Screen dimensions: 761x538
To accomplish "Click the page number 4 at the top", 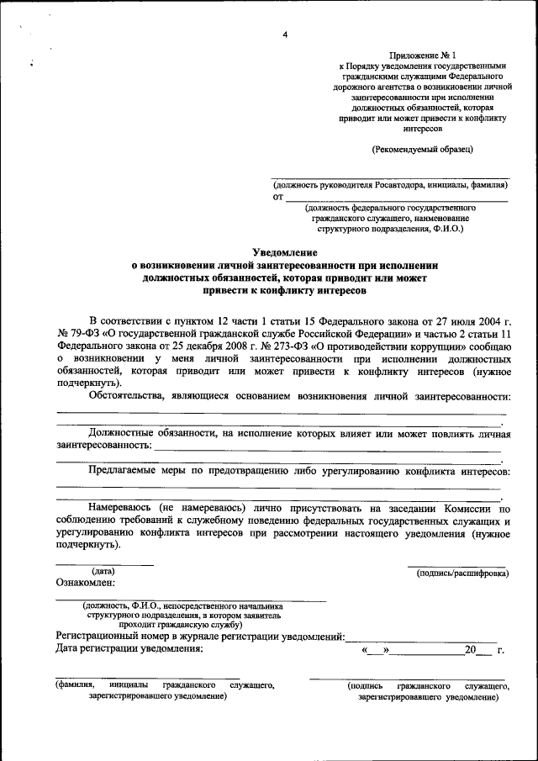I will tap(285, 34).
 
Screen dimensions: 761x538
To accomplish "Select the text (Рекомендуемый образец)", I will tap(422, 149).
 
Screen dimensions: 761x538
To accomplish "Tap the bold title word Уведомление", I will tap(285, 252).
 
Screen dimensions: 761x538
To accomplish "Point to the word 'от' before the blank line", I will tap(277, 198).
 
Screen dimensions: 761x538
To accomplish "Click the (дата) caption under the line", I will tap(103, 572).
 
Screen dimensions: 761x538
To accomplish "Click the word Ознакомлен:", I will tap(86, 583).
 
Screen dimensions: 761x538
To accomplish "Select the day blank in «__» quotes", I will tap(375, 651).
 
